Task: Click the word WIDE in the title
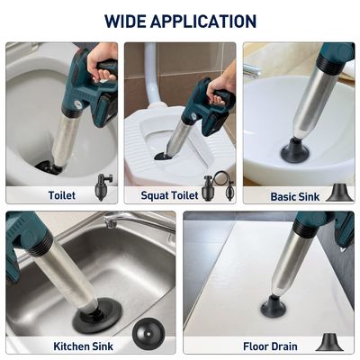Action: click(x=125, y=21)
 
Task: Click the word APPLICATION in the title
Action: click(x=203, y=21)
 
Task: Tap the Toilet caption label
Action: click(x=62, y=195)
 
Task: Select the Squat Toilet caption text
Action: click(x=169, y=195)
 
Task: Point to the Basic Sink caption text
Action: click(x=295, y=196)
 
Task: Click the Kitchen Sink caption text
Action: click(x=83, y=346)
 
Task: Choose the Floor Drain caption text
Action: click(x=270, y=346)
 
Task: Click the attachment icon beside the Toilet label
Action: click(x=103, y=187)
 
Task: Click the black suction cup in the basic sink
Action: click(x=293, y=150)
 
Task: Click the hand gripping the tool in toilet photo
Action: click(x=102, y=61)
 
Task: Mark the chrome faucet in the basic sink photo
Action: click(x=252, y=71)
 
